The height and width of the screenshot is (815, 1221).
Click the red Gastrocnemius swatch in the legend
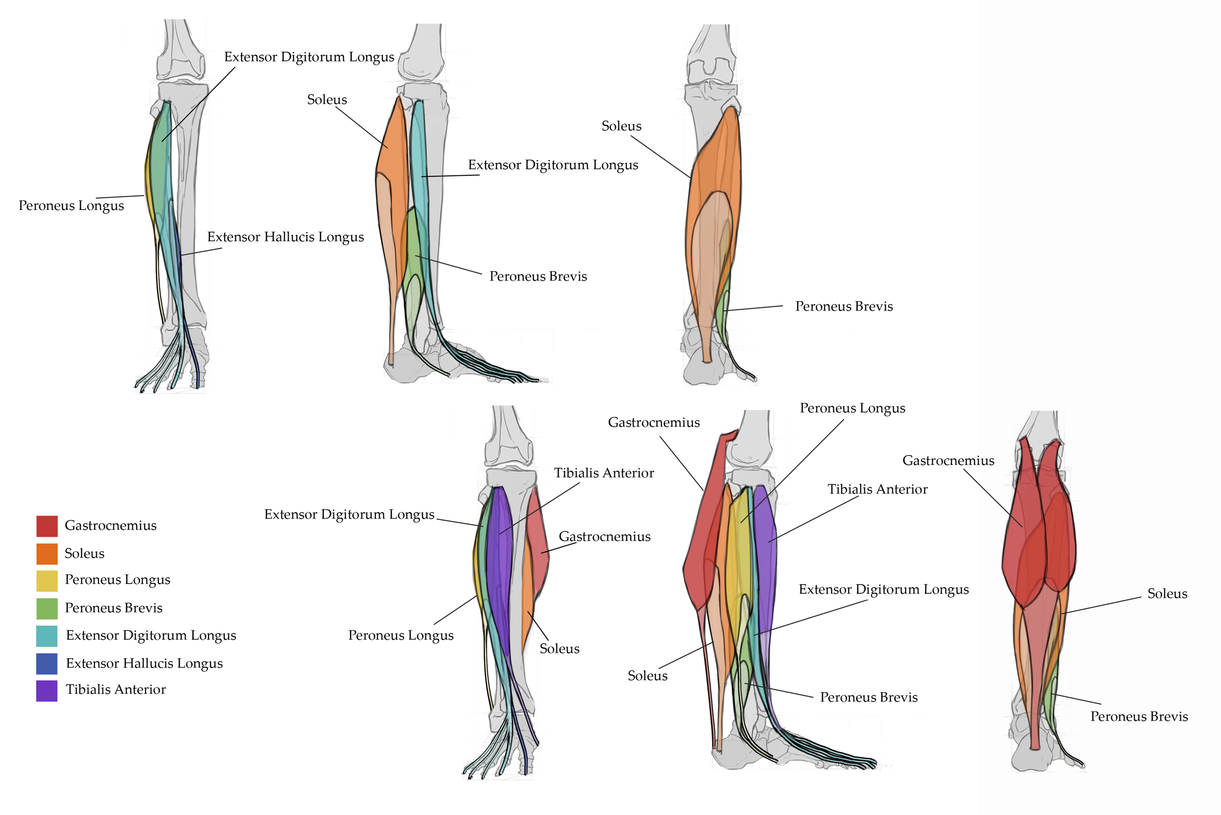47,525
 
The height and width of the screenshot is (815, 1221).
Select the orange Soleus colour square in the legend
47,554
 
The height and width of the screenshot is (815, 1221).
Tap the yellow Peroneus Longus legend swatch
47,581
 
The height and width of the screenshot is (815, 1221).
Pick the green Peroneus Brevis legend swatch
47,608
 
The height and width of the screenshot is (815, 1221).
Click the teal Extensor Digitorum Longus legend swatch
47,636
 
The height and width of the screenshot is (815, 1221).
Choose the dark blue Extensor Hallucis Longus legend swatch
47,664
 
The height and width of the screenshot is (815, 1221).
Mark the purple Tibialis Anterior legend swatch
47,691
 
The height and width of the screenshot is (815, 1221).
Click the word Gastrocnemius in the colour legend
111,525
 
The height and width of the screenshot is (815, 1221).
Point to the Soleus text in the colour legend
84,554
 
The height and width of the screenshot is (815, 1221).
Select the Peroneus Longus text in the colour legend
118,580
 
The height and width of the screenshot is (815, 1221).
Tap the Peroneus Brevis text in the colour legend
114,608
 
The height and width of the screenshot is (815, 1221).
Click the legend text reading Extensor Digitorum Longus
151,636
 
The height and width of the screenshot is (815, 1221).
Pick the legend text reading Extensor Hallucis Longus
145,664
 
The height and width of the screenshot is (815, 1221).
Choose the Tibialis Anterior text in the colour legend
116,690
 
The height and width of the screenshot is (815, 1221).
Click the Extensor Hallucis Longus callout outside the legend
285,237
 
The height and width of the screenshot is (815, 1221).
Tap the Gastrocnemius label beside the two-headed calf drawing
948,460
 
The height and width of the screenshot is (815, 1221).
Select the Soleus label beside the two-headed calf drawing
1167,594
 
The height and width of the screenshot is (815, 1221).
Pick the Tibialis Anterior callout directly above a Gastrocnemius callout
604,473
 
